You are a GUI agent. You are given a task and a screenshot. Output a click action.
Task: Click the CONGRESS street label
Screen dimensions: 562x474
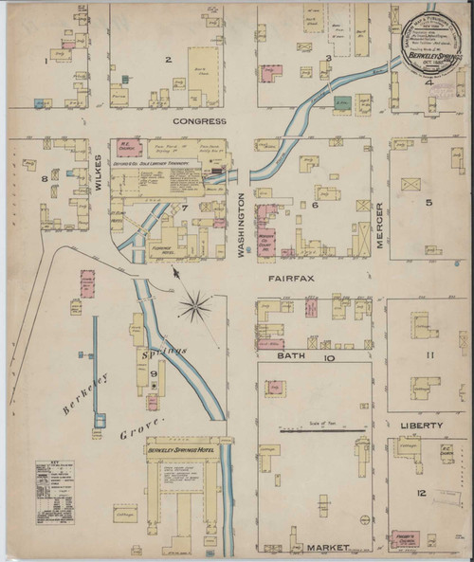199,121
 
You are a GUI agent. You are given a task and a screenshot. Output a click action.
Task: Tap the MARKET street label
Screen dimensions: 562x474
327,547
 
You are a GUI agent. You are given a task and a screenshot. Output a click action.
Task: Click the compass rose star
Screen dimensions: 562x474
196,305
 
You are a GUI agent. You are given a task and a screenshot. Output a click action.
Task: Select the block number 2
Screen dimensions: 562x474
168,61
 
